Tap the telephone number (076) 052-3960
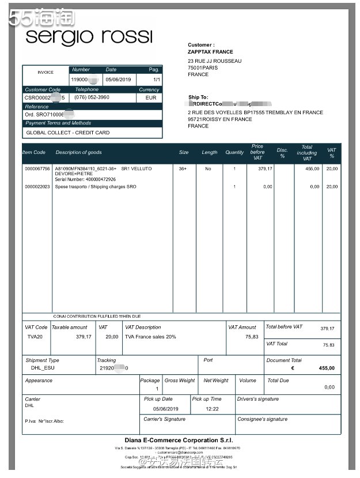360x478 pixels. [92, 97]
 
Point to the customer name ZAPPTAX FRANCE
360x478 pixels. [210, 52]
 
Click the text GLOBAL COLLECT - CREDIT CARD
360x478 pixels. [67, 133]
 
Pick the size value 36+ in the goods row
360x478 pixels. [183, 168]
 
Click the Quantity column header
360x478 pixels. [234, 152]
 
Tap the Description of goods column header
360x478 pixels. [78, 152]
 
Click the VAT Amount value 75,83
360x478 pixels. [252, 337]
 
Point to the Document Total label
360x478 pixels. [283, 360]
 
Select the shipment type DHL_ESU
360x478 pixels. [43, 367]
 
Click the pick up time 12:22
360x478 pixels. [212, 409]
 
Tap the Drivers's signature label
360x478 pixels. [257, 399]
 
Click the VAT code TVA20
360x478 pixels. [35, 337]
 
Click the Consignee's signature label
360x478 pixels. [262, 419]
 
